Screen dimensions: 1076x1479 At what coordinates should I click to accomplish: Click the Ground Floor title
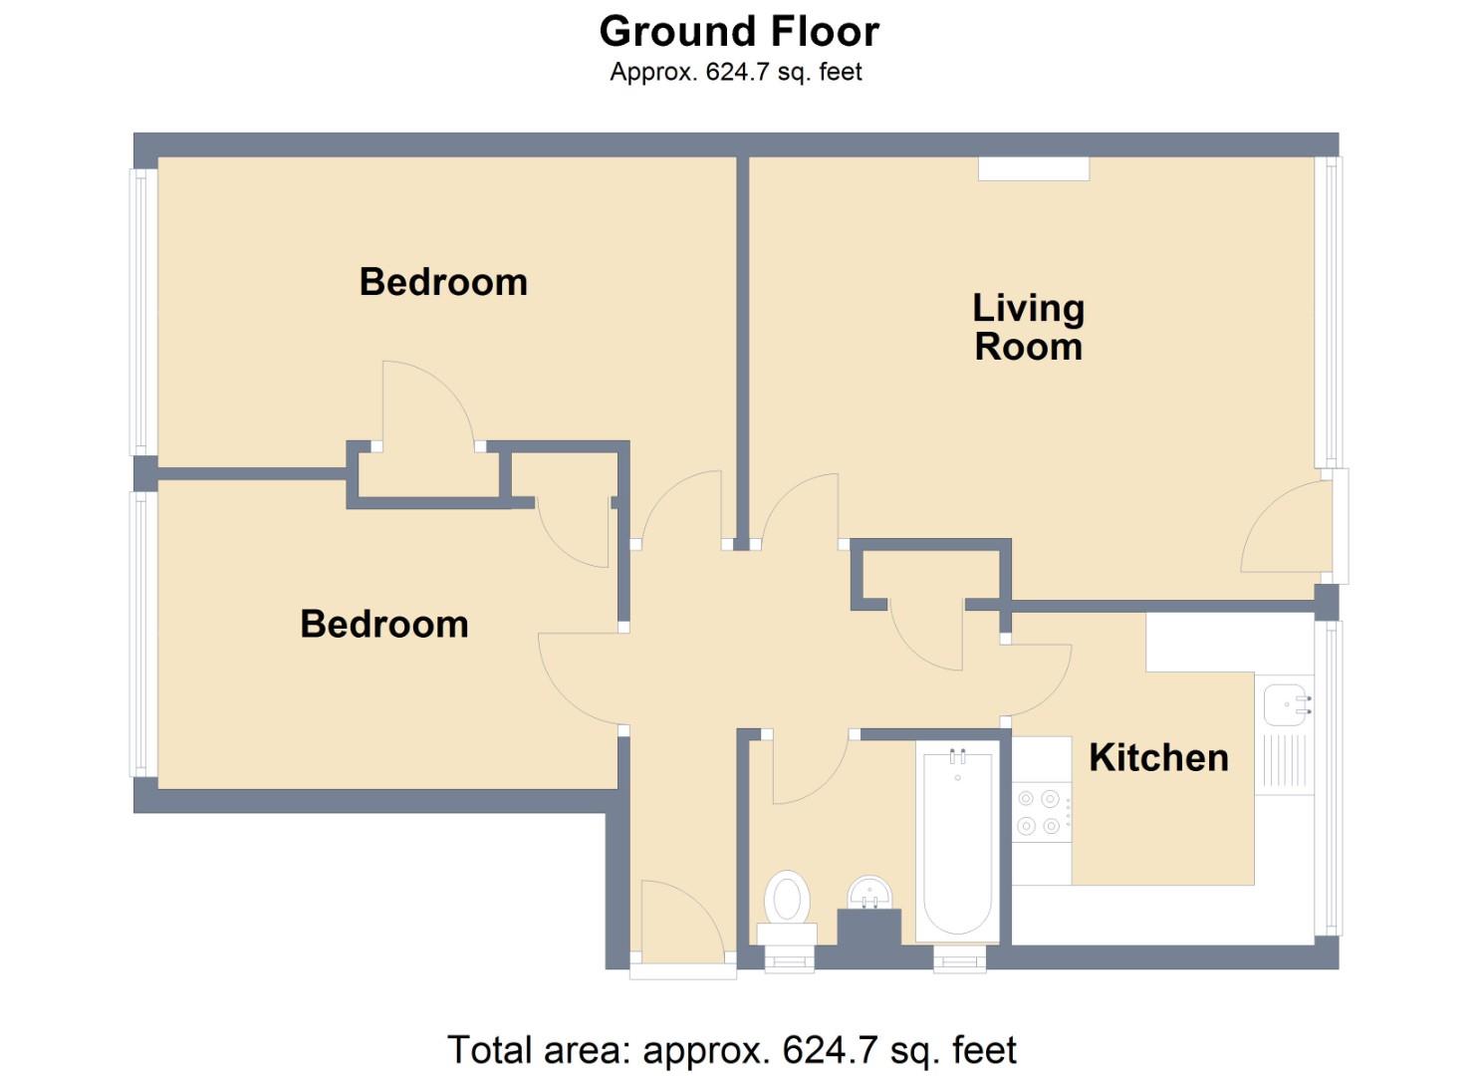click(x=739, y=32)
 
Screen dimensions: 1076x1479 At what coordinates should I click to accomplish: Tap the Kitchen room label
click(x=1157, y=757)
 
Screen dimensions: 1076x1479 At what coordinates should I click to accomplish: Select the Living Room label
click(x=1028, y=327)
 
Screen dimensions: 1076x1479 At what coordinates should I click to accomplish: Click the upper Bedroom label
click(x=443, y=282)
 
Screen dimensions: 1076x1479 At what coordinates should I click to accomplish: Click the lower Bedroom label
click(x=384, y=624)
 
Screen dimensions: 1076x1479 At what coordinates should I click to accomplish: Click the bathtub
click(x=957, y=842)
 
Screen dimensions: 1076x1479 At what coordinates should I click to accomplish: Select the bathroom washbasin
click(x=870, y=893)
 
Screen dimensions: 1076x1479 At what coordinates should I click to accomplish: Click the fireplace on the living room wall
click(x=1033, y=168)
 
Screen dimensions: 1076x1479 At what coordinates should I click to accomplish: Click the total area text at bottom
click(x=732, y=1050)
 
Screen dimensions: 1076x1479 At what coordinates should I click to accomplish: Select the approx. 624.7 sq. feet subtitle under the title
click(x=736, y=72)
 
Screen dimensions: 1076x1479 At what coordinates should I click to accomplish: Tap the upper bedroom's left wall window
click(x=142, y=312)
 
